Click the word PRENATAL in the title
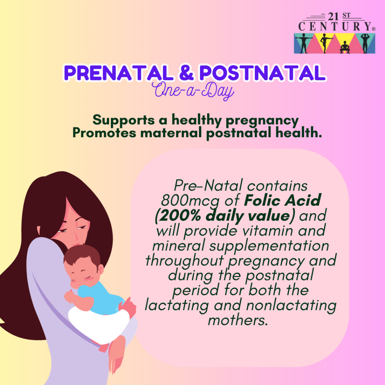(x=119, y=73)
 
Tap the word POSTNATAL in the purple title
(x=262, y=73)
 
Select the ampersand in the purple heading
(x=186, y=73)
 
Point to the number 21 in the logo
(x=333, y=17)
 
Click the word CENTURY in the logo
(x=335, y=26)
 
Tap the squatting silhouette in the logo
(x=345, y=47)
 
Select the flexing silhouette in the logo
(x=365, y=43)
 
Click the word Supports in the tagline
(x=123, y=120)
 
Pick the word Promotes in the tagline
(x=104, y=133)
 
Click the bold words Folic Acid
(x=283, y=200)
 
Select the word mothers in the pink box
(x=238, y=320)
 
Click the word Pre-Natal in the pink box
(x=208, y=185)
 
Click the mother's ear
(x=39, y=230)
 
